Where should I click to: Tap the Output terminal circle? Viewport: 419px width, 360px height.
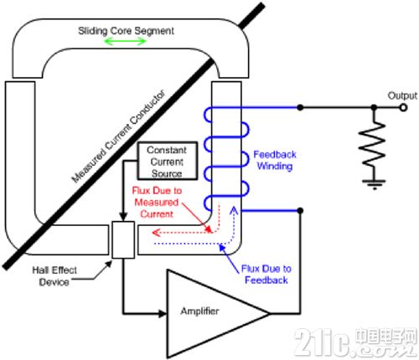click(x=403, y=107)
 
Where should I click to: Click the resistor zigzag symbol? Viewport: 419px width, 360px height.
click(x=374, y=144)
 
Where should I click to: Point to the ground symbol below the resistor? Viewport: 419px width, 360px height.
click(x=374, y=184)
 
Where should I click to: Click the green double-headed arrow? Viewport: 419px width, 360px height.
click(x=125, y=42)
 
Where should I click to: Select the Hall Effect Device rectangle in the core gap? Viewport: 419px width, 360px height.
click(x=123, y=239)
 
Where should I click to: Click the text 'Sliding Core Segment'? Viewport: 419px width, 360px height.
click(x=126, y=31)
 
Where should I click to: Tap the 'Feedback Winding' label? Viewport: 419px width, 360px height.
click(x=275, y=160)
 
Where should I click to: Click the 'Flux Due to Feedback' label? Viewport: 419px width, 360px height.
click(x=266, y=275)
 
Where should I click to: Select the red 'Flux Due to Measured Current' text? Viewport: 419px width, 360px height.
click(x=157, y=203)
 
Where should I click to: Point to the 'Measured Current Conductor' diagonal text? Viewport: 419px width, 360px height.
click(x=118, y=136)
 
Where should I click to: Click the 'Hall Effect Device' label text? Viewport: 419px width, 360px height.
click(x=54, y=276)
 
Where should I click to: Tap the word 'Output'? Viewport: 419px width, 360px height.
click(x=402, y=95)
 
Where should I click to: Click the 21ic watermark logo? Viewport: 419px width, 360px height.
click(x=355, y=342)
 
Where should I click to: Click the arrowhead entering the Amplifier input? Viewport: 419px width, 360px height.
click(x=163, y=313)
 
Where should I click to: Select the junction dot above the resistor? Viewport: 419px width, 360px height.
click(x=374, y=107)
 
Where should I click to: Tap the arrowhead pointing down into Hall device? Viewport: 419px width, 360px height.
click(x=123, y=217)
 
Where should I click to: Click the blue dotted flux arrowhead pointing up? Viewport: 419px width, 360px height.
click(x=234, y=210)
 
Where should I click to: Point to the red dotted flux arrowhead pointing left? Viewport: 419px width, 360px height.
click(x=156, y=233)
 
